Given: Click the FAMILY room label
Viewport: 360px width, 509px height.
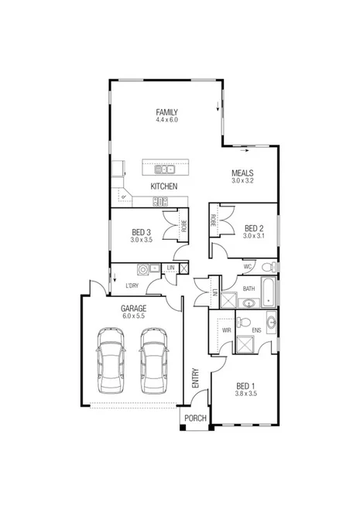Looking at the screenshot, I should [x=166, y=112].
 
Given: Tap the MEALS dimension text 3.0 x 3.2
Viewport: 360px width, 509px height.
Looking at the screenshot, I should [x=242, y=181].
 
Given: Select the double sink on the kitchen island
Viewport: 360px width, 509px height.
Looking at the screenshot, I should [x=164, y=169].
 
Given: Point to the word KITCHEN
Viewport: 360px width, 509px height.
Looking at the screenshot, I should [x=164, y=187].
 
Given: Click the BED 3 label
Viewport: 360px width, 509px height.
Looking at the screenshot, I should [x=142, y=232].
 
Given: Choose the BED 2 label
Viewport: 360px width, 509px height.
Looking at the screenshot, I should [x=254, y=228].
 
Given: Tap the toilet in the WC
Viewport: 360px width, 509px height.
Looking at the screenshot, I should [x=268, y=267].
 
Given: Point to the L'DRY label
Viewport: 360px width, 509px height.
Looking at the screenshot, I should [x=132, y=286].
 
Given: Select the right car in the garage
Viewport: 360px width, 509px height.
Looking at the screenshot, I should [x=154, y=360].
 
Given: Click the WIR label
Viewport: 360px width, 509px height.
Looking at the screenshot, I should [x=227, y=329].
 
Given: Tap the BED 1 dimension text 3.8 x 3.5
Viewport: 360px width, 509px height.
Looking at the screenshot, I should [x=245, y=394].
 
